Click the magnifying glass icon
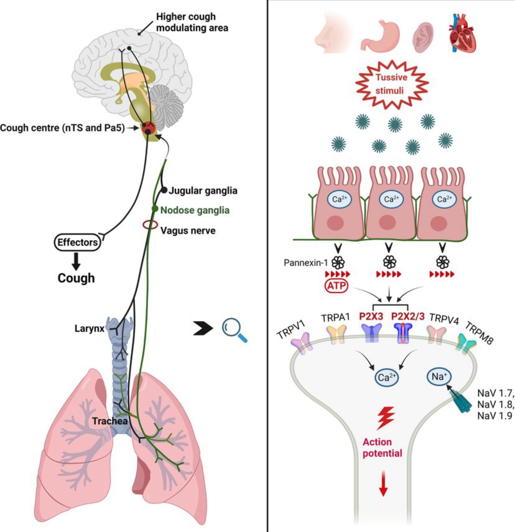coord(234,330)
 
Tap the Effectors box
coord(77,243)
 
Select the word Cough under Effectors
coord(76,278)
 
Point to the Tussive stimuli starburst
coord(391,84)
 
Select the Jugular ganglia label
coord(203,190)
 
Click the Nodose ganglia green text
coord(195,210)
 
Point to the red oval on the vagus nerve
coord(150,225)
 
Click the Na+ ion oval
coord(439,377)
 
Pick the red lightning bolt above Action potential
coord(385,418)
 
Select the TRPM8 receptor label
coord(479,333)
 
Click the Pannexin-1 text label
coord(306,263)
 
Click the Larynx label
coord(89,328)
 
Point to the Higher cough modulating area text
coord(192,22)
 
